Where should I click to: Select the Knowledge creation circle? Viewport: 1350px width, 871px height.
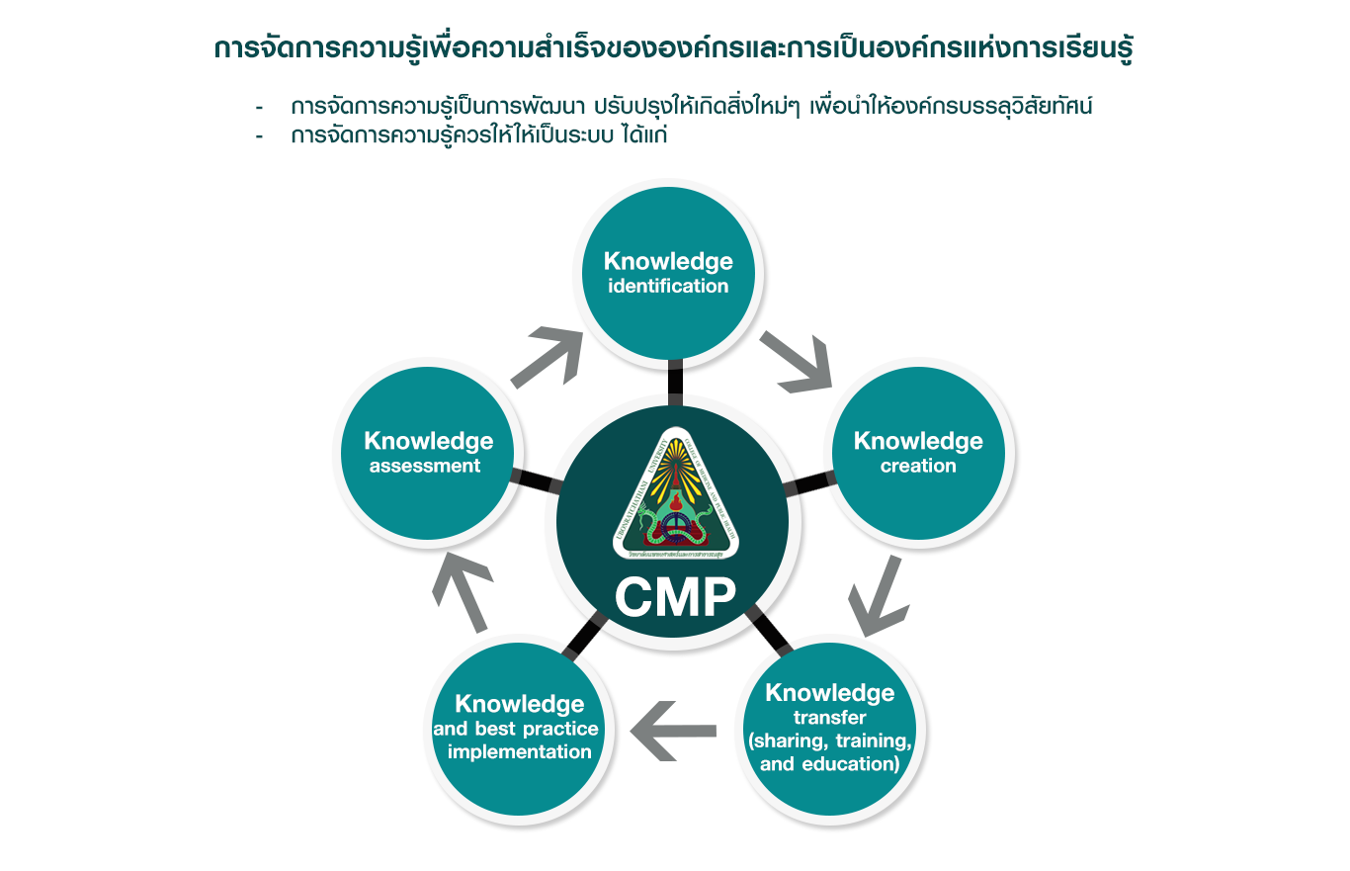(918, 452)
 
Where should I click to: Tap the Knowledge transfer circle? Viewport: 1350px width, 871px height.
(829, 729)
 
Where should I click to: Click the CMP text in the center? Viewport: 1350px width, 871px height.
(674, 597)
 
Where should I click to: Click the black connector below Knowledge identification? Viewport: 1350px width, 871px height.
(676, 382)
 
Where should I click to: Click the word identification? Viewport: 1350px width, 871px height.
(668, 287)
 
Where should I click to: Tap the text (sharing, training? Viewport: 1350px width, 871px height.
(829, 740)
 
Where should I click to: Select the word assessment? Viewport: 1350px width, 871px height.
(425, 466)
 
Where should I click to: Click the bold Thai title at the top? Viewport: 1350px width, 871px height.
(673, 49)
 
